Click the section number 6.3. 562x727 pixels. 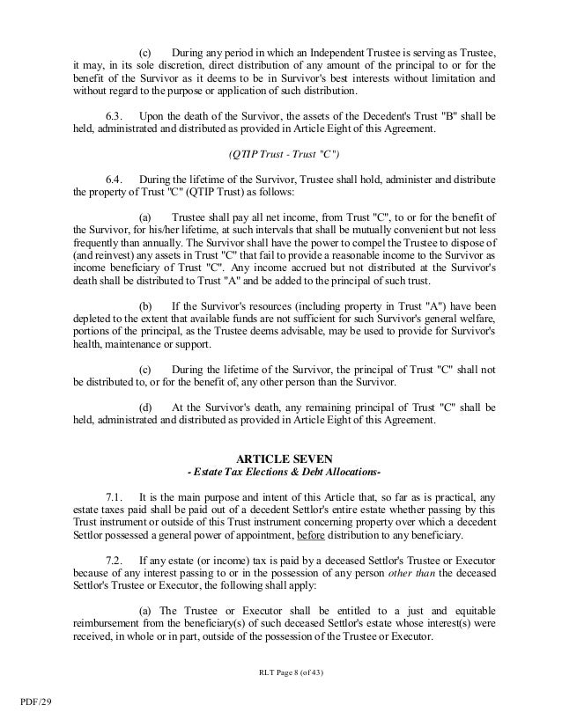(115, 116)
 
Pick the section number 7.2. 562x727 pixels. (115, 560)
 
